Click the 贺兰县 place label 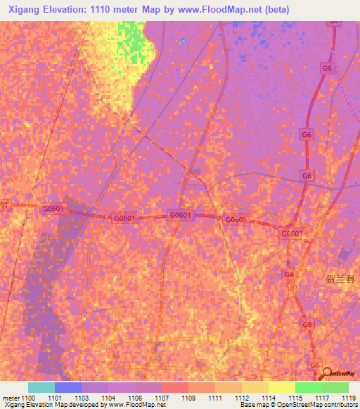(x=341, y=279)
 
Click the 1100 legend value (x=28, y=398)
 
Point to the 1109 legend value (x=188, y=398)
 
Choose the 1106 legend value (x=135, y=398)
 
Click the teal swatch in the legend (x=41, y=387)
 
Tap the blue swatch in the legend (x=67, y=387)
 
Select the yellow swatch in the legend (x=281, y=387)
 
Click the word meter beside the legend (x=11, y=398)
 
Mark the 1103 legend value (x=82, y=398)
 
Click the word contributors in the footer (x=340, y=405)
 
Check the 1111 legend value (x=215, y=398)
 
